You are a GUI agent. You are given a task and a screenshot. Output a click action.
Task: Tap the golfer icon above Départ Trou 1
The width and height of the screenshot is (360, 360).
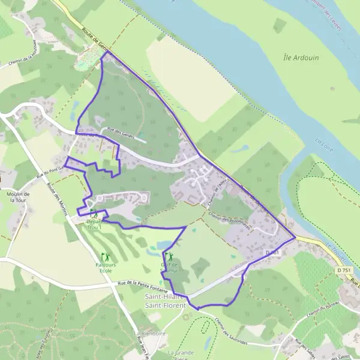click(94, 212)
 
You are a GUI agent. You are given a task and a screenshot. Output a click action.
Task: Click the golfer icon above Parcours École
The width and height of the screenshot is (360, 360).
click(106, 256)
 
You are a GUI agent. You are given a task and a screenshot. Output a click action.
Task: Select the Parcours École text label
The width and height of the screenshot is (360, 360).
click(106, 266)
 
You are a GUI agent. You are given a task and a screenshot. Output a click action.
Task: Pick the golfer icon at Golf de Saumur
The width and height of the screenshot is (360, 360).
click(166, 255)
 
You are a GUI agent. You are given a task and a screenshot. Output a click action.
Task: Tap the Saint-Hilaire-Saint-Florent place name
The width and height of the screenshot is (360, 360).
click(167, 300)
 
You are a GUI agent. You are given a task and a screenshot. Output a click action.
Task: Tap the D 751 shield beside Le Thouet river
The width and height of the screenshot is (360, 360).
click(343, 271)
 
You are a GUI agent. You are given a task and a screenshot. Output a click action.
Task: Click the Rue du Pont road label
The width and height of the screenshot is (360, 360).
click(49, 173)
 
